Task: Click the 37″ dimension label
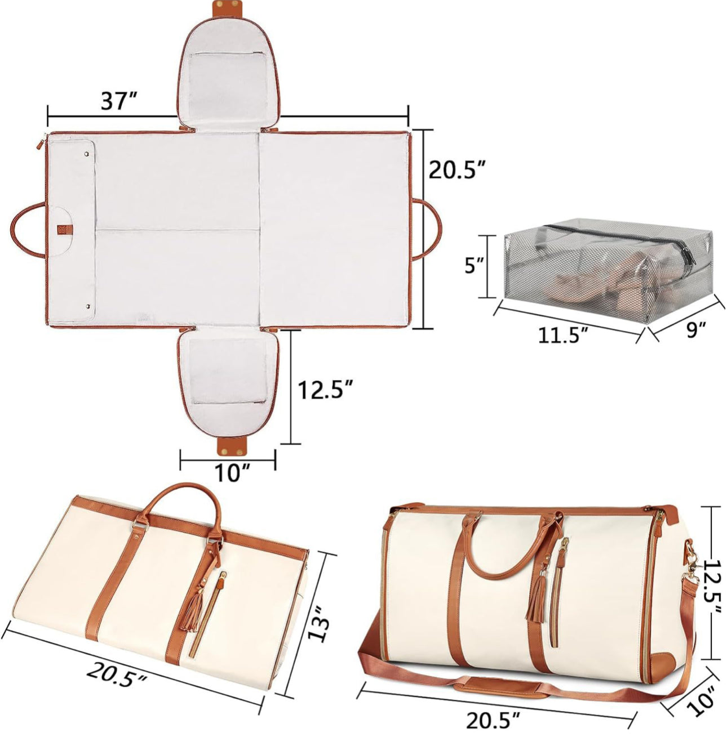118,101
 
